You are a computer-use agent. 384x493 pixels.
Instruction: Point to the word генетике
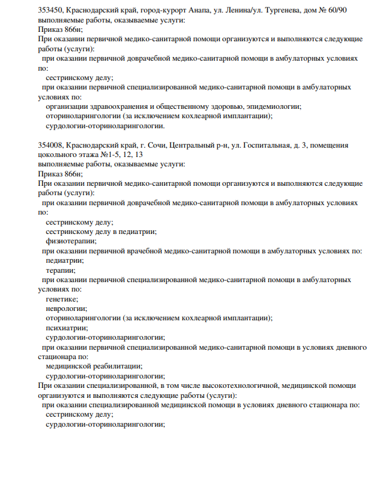(x=62, y=299)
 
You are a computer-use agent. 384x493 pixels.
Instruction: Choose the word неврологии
(x=66, y=308)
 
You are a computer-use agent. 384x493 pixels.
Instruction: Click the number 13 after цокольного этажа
(x=138, y=155)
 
